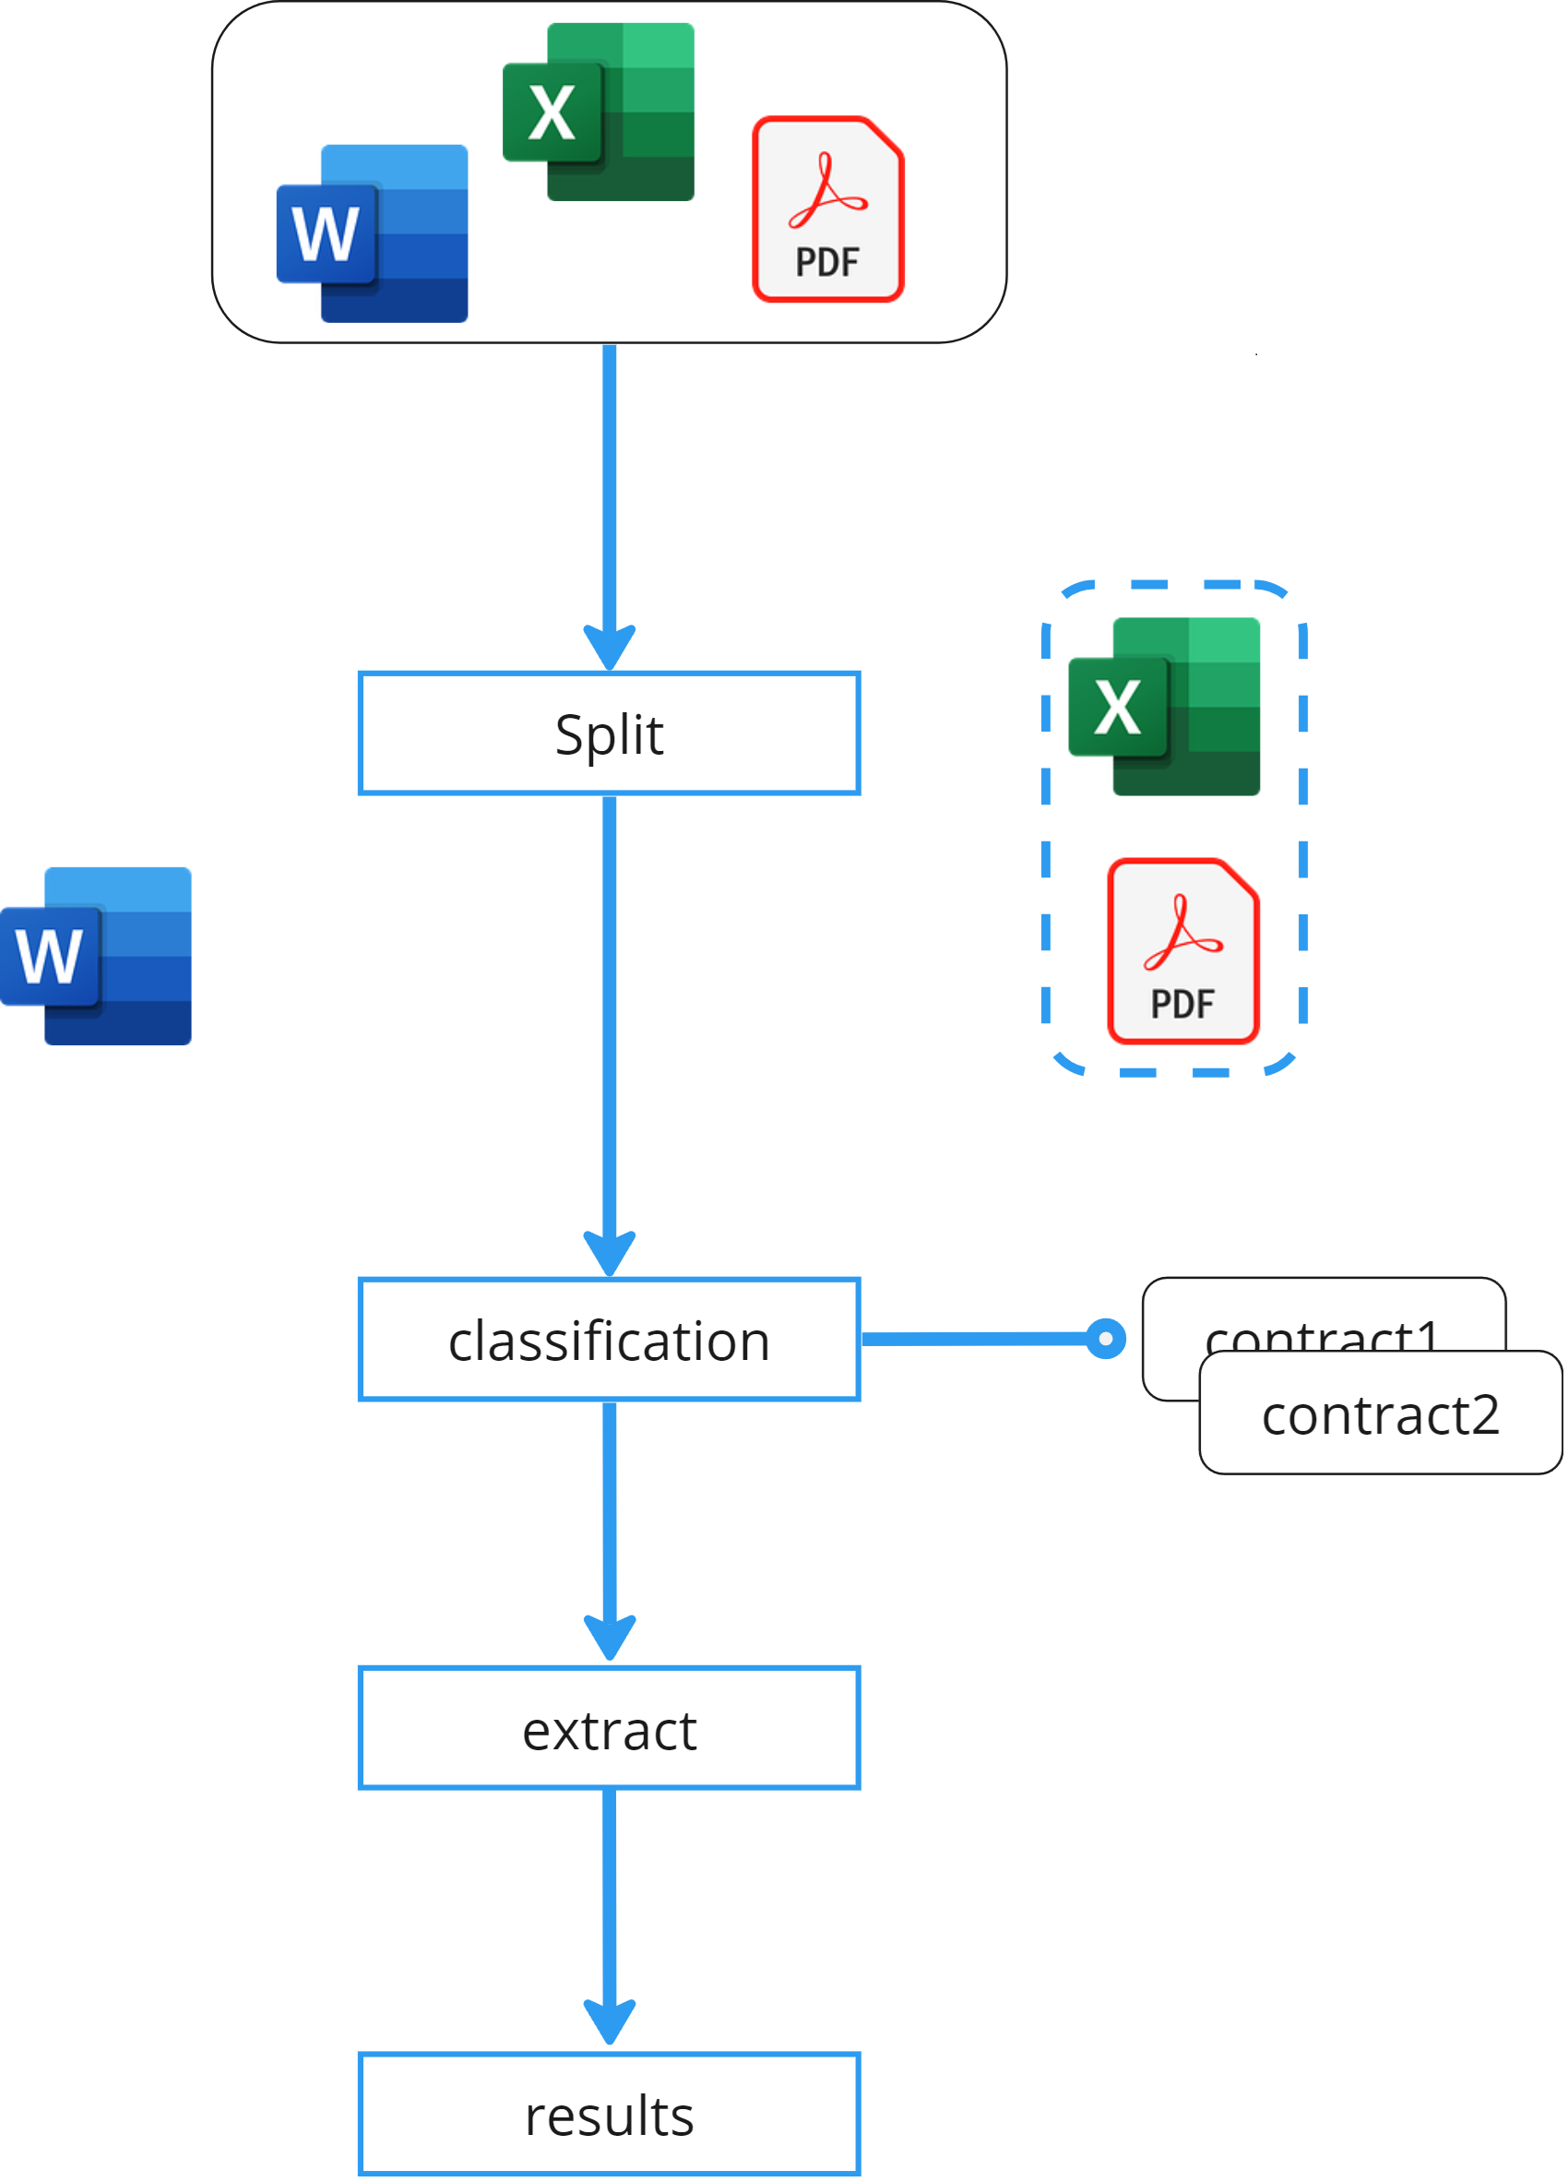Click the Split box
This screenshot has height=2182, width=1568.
click(609, 733)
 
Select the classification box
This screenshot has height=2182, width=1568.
click(609, 1340)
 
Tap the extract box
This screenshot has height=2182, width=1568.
click(609, 1728)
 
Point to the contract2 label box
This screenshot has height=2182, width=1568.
click(1380, 1413)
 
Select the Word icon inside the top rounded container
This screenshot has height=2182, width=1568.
click(373, 233)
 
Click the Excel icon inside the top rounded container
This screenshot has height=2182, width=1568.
click(599, 113)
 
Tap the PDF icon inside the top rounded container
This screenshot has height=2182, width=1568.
click(827, 209)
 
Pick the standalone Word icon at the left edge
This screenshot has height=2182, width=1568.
click(96, 955)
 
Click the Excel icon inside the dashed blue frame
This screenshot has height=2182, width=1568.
click(1164, 706)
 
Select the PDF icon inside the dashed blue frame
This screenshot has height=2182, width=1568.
click(1182, 950)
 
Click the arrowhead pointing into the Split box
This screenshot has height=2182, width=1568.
click(609, 647)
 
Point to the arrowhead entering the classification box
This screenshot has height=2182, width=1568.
click(609, 1252)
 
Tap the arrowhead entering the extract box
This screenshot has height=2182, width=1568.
click(609, 1637)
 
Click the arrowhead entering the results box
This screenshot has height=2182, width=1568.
click(609, 2021)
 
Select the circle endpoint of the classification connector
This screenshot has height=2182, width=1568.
click(1105, 1338)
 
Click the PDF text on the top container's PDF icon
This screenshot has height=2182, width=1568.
click(827, 262)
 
